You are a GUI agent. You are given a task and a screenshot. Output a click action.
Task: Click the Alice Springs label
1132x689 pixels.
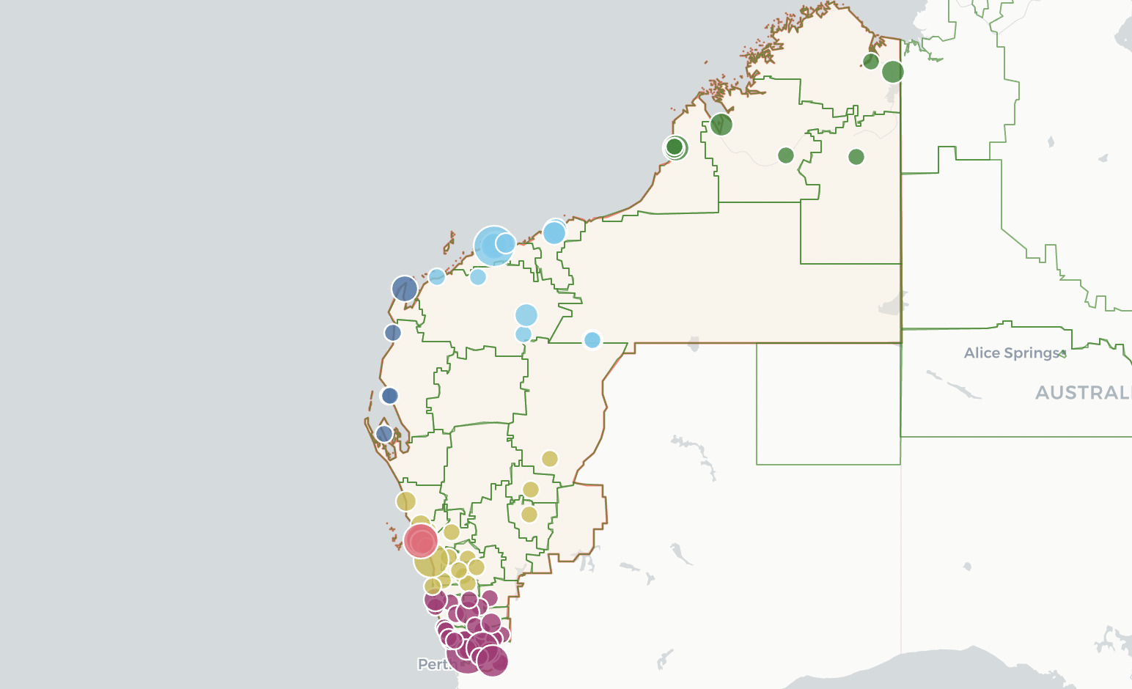1012,353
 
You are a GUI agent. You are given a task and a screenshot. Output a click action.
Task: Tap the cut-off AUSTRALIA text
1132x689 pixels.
1082,393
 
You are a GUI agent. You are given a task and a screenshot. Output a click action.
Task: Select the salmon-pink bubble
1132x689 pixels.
421,542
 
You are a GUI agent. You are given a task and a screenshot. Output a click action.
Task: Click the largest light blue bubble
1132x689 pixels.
493,246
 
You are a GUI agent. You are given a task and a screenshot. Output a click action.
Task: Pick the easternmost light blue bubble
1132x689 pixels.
592,340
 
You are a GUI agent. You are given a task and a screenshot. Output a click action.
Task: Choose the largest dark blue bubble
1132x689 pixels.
405,289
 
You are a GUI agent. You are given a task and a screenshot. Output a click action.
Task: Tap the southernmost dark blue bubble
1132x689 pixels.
384,434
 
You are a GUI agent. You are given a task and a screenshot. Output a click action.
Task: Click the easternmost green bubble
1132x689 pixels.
893,72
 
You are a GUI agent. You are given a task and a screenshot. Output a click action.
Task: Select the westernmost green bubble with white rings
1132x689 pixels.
675,147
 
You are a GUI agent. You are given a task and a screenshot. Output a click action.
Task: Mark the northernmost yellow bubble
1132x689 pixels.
550,459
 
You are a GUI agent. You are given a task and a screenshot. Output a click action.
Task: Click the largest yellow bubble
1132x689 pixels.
430,561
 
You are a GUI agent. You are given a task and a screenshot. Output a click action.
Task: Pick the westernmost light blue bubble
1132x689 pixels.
437,277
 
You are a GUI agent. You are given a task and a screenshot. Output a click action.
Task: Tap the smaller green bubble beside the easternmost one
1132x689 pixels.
871,62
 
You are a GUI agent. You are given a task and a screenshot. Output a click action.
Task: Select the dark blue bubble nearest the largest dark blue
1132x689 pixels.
393,333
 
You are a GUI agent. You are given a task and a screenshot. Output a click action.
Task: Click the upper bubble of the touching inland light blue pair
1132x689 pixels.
526,315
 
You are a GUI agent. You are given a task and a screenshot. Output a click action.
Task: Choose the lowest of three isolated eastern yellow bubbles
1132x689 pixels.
529,515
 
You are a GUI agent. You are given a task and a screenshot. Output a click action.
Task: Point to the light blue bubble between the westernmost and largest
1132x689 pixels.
478,277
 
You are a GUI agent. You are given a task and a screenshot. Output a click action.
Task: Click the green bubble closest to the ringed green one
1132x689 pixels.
721,125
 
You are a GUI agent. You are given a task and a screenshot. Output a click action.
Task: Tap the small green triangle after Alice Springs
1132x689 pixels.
1064,353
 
